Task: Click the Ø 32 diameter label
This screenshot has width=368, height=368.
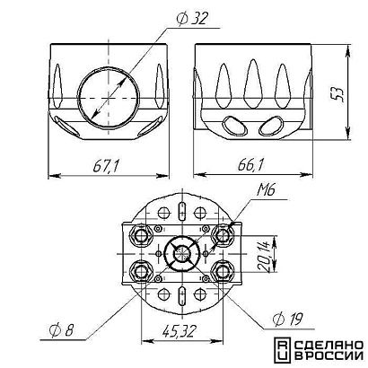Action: coord(192,19)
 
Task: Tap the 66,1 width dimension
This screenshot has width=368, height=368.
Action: coord(251,165)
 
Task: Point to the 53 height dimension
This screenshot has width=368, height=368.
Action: coord(338,94)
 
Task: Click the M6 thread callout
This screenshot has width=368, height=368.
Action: coord(266,190)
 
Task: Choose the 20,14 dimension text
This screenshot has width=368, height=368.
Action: coord(265,257)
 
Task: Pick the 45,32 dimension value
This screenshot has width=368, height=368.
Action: coord(180,331)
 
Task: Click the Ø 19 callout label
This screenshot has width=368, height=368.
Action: coord(287,319)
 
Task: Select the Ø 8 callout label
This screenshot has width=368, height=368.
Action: coord(61,330)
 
